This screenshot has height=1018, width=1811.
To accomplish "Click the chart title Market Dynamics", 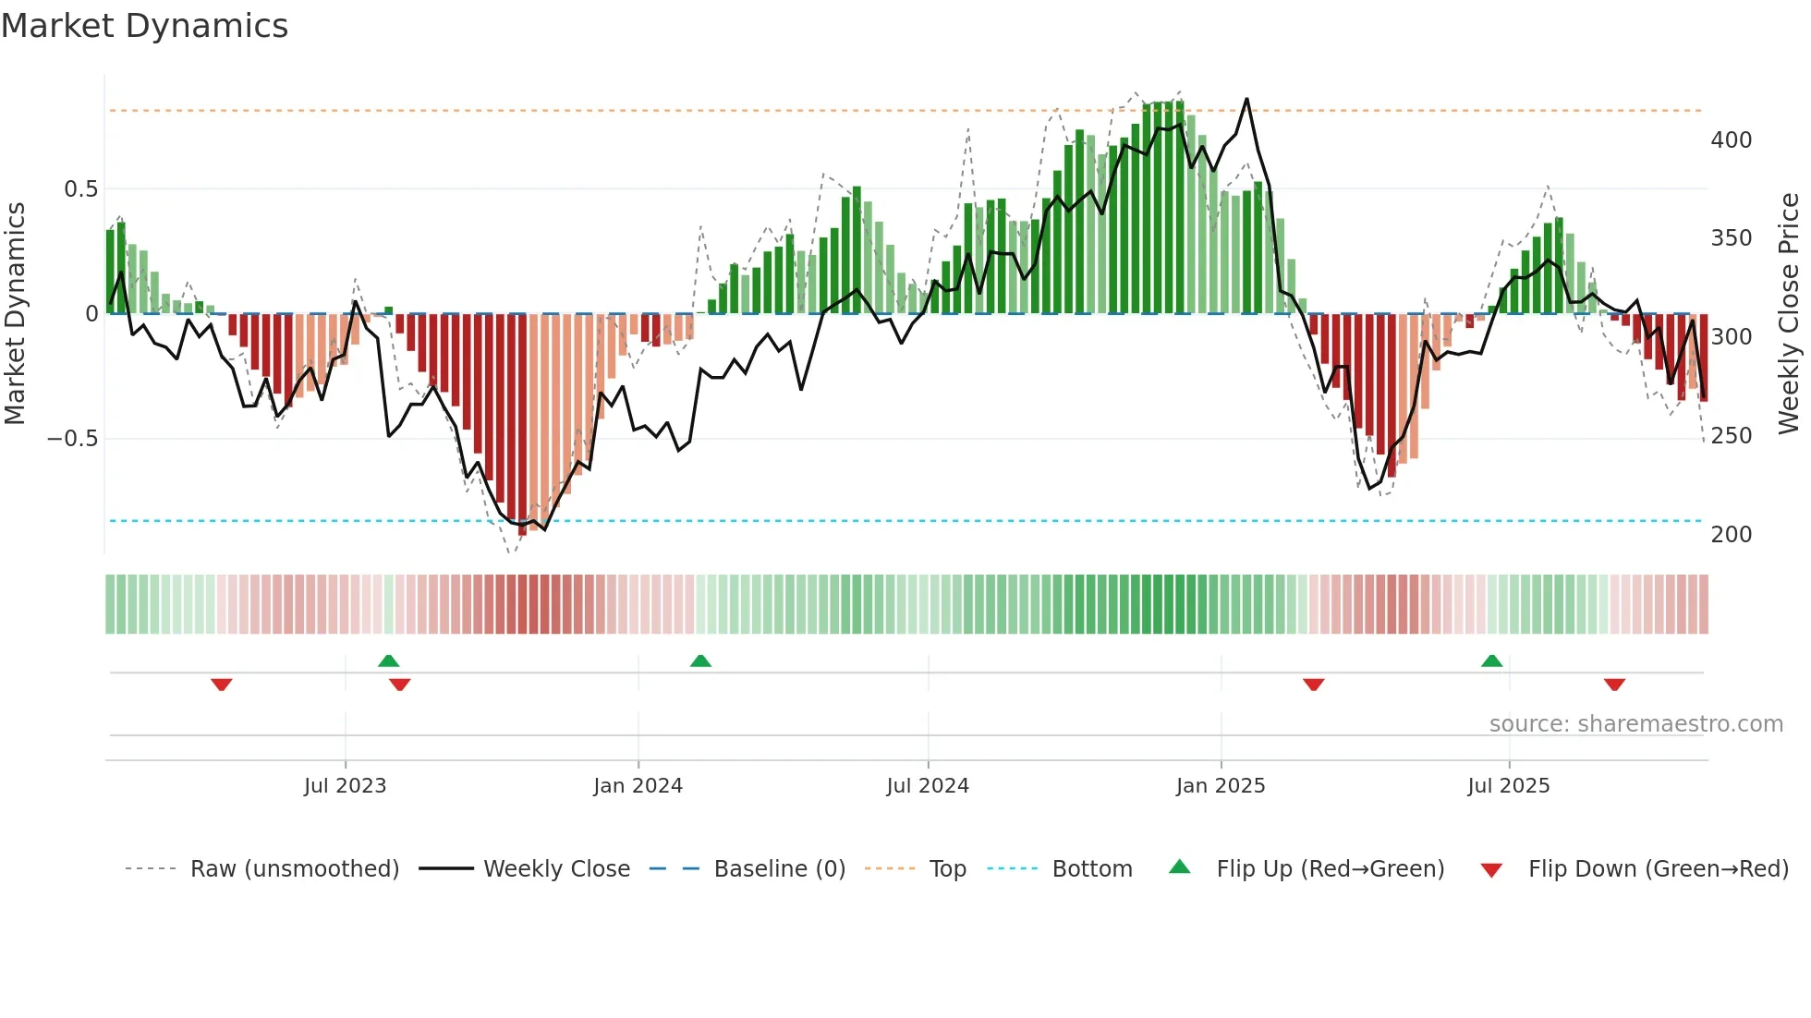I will pyautogui.click(x=145, y=26).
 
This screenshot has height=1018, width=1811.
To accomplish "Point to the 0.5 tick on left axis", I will pyautogui.click(x=80, y=189).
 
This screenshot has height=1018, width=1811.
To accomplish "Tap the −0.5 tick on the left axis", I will pyautogui.click(x=73, y=439).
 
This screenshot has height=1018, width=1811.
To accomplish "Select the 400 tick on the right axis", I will pyautogui.click(x=1731, y=140).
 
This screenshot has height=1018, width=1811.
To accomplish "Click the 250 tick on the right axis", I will pyautogui.click(x=1731, y=436).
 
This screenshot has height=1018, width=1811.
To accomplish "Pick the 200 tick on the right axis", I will pyautogui.click(x=1731, y=535).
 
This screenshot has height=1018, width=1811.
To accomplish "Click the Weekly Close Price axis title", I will pyautogui.click(x=1789, y=313).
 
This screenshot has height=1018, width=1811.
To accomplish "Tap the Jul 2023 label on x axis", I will pyautogui.click(x=345, y=786).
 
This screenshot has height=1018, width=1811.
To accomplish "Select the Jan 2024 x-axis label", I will pyautogui.click(x=638, y=786).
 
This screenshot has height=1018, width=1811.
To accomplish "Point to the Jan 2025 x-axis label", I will pyautogui.click(x=1220, y=786).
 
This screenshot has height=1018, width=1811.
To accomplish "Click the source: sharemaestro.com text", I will pyautogui.click(x=1635, y=724).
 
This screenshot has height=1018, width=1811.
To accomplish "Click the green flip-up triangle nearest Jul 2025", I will pyautogui.click(x=1491, y=660).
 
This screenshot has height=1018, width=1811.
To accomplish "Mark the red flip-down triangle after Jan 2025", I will pyautogui.click(x=1313, y=685).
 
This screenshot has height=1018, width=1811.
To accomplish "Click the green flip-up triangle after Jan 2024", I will pyautogui.click(x=700, y=660).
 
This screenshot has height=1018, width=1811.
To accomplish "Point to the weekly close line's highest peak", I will pyautogui.click(x=1246, y=99).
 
